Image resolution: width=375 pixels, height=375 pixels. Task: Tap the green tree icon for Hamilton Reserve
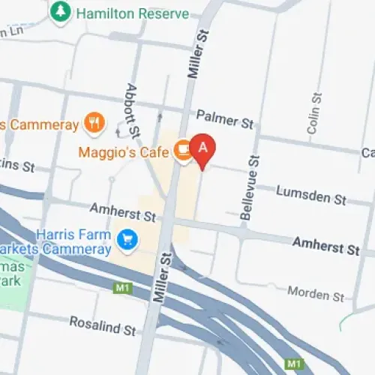(x=60, y=12)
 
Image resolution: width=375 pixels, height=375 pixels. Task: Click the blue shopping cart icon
(x=127, y=240)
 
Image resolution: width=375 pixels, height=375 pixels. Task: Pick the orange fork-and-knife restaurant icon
(x=94, y=122)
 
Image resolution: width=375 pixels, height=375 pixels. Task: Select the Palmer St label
(x=225, y=118)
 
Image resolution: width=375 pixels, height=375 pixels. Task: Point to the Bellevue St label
(x=250, y=187)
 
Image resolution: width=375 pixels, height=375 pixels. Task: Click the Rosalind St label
(x=102, y=325)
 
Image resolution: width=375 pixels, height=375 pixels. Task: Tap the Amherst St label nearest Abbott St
(x=122, y=212)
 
